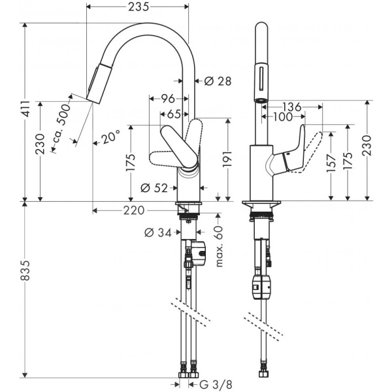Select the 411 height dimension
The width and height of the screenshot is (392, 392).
pos(25,112)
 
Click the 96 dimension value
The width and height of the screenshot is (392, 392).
pos(167,99)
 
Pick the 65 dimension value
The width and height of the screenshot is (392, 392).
pos(173,114)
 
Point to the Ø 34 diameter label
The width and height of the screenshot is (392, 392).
pos(156,232)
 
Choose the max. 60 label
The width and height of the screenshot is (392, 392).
pos(218,245)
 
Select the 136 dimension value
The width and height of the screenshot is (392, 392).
pos(291,106)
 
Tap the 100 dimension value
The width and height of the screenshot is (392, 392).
pos(283,118)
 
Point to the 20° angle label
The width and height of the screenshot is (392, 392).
pos(109,138)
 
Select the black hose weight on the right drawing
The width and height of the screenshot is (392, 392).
pos(262,285)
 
